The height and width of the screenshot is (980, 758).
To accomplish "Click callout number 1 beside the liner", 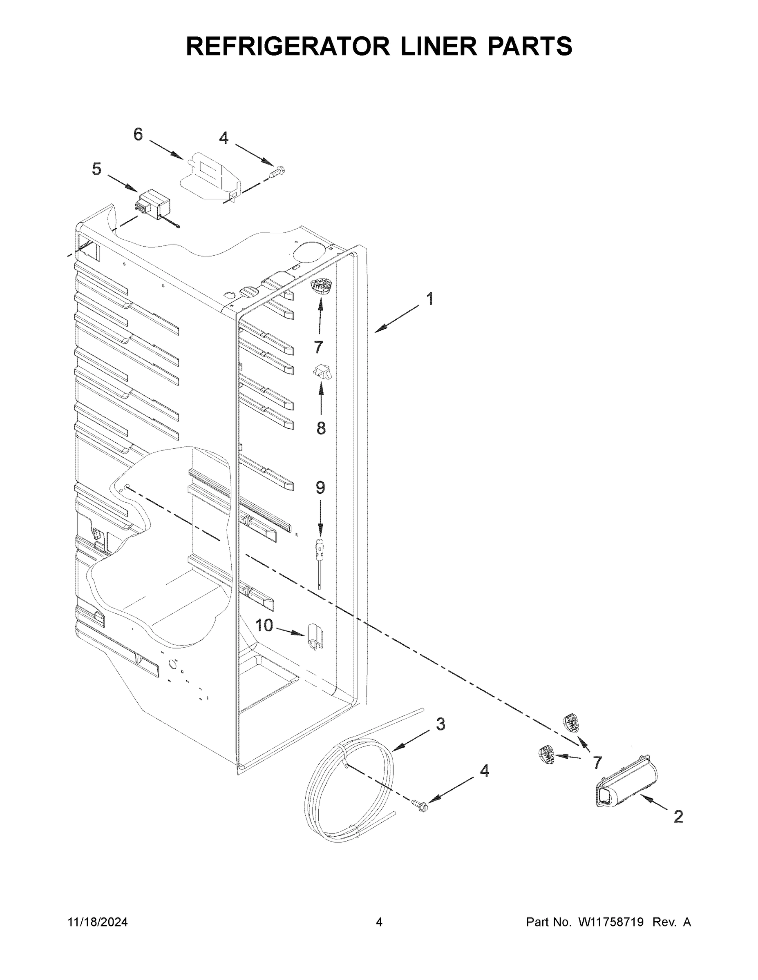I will pyautogui.click(x=430, y=299).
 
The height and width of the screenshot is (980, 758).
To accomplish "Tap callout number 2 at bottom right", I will pyautogui.click(x=678, y=816).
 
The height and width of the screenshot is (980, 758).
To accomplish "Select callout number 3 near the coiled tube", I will pyautogui.click(x=440, y=724).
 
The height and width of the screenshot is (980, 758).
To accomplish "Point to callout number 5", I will pyautogui.click(x=96, y=169).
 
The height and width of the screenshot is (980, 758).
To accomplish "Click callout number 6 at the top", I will pyautogui.click(x=138, y=134).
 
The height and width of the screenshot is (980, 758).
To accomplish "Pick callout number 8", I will pyautogui.click(x=321, y=428).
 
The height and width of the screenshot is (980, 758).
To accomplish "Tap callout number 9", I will pyautogui.click(x=320, y=487).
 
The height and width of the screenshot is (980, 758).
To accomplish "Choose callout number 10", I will pyautogui.click(x=264, y=625).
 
